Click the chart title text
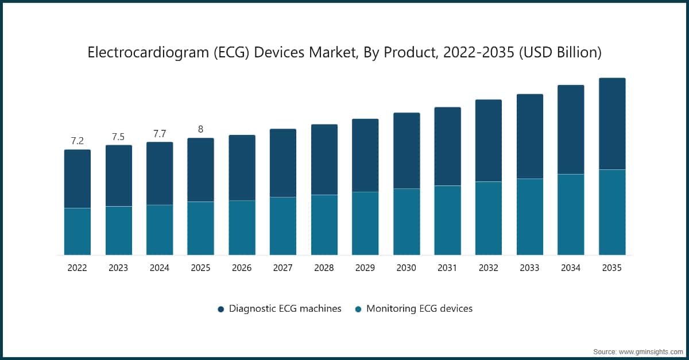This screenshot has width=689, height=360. click(344, 53)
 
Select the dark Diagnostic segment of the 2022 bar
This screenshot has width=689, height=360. click(78, 179)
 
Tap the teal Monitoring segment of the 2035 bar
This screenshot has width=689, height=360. click(612, 212)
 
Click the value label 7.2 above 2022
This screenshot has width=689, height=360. click(78, 141)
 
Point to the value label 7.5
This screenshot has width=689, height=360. click(118, 137)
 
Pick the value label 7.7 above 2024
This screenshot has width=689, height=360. click(160, 134)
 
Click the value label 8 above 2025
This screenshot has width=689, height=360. click(200, 129)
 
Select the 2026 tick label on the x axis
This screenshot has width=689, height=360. click(242, 268)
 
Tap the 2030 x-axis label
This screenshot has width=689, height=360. click(406, 268)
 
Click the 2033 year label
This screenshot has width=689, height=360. click(529, 268)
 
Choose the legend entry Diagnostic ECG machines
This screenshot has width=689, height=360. click(285, 308)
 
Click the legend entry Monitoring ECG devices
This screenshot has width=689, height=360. click(419, 308)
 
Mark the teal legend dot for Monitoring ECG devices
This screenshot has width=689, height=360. click(358, 309)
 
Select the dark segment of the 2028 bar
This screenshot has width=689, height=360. click(324, 160)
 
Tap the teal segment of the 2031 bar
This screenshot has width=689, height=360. click(447, 220)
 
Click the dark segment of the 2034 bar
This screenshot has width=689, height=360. click(571, 130)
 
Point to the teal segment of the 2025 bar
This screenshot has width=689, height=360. click(200, 228)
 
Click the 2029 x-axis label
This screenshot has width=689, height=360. click(365, 268)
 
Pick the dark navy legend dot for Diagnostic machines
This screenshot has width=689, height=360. click(221, 309)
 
